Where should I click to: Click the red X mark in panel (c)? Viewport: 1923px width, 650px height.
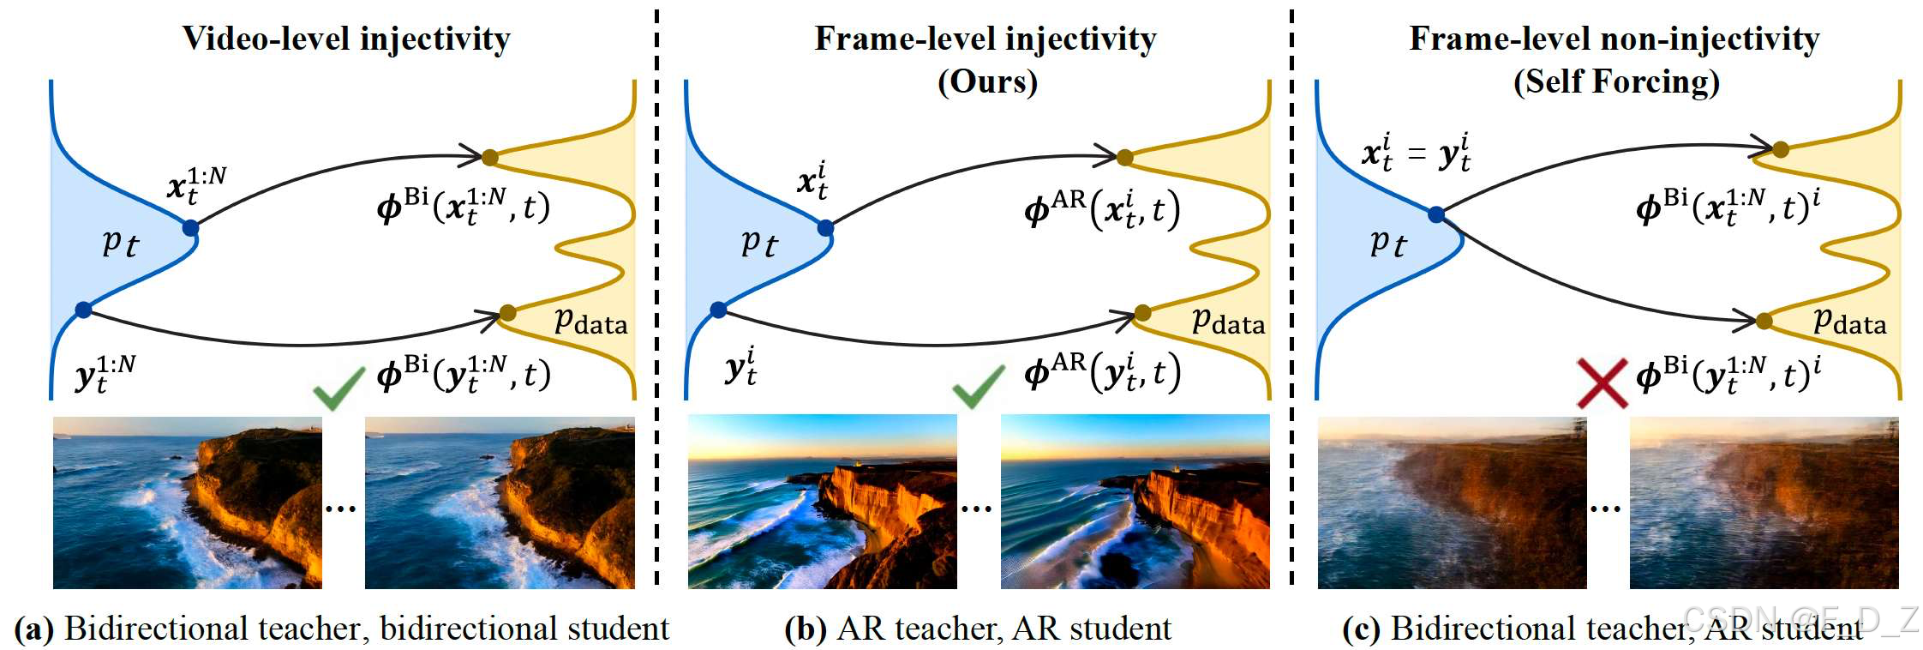click(1602, 383)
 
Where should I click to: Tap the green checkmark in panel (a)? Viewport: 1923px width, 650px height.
click(338, 389)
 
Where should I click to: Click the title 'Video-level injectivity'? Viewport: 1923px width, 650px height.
click(346, 39)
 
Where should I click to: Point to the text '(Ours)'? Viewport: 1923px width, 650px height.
click(987, 82)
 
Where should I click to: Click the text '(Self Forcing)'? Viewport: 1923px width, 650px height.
click(1616, 82)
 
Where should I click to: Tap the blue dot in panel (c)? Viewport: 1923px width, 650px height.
click(1436, 214)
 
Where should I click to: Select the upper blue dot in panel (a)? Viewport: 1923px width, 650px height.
click(190, 228)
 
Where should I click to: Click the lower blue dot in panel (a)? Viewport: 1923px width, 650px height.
click(83, 310)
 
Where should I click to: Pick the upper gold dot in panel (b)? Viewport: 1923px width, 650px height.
click(1124, 157)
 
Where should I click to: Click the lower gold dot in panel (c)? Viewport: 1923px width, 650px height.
click(1764, 322)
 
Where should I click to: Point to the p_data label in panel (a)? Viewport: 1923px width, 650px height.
click(590, 322)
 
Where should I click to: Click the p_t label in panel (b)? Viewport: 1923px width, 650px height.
click(758, 244)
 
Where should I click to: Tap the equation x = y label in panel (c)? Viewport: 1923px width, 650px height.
click(1416, 153)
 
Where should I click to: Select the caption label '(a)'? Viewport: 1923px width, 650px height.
click(33, 629)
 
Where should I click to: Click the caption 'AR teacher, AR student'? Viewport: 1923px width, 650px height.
click(1004, 629)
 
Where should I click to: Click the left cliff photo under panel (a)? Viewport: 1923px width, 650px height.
click(187, 503)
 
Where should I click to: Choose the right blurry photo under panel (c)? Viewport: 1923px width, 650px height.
click(1764, 503)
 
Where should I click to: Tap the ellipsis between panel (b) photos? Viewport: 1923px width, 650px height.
click(976, 509)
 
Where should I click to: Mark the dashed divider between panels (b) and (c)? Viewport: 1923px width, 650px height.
click(1291, 300)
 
